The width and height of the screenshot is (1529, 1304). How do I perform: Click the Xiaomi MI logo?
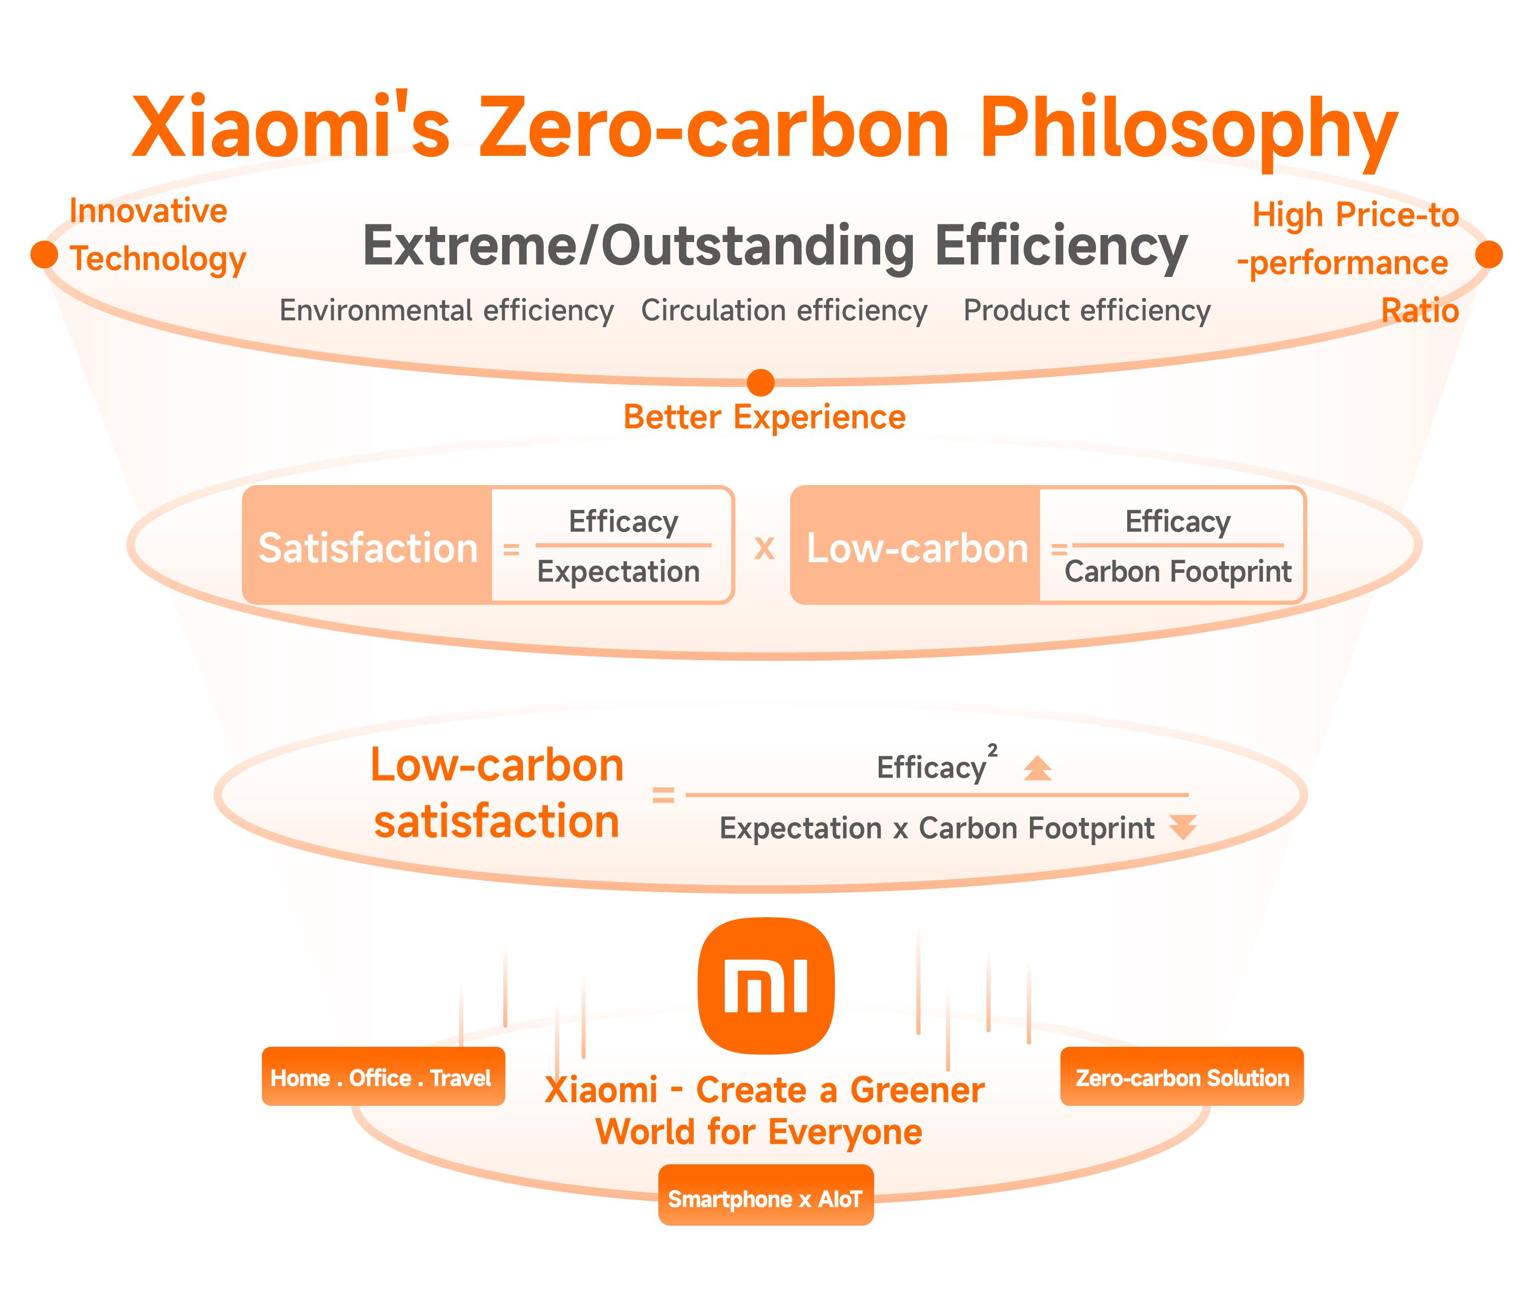tap(766, 985)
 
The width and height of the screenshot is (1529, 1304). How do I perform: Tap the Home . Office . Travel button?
tap(383, 1077)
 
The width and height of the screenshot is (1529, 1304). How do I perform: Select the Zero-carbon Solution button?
tap(1182, 1077)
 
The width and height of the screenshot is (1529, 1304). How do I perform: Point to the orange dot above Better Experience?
tap(761, 382)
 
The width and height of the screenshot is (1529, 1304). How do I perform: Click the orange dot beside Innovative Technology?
tap(44, 254)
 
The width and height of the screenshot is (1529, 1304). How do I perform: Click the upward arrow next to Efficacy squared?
tap(1037, 768)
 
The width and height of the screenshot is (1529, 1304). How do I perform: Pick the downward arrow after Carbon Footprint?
tap(1183, 827)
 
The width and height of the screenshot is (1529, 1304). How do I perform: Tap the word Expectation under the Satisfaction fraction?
tap(619, 572)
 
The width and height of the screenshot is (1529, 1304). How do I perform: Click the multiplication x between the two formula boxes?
tap(764, 548)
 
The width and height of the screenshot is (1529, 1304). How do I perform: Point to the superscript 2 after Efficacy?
tap(993, 750)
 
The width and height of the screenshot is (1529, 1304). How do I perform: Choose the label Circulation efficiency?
tap(784, 311)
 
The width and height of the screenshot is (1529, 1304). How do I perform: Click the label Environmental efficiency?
tap(447, 311)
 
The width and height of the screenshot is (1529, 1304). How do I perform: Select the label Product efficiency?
tap(1087, 311)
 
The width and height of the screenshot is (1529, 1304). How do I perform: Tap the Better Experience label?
tap(764, 418)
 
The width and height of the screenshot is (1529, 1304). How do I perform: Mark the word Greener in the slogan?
tap(918, 1090)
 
